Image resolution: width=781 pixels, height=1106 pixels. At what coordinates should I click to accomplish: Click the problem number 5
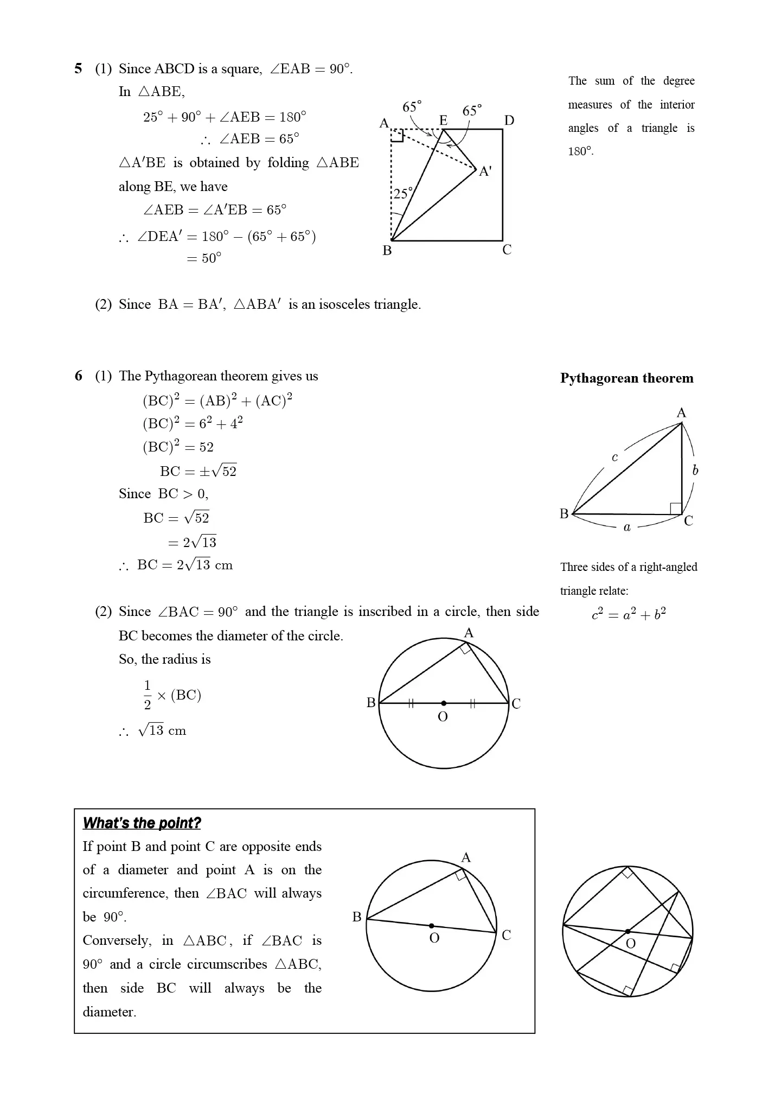[79, 69]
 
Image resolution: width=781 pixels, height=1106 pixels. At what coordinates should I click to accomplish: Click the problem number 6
[79, 376]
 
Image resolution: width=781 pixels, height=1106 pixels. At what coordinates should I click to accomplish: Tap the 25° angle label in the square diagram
[402, 194]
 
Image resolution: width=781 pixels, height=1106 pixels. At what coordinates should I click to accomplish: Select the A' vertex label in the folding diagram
[485, 171]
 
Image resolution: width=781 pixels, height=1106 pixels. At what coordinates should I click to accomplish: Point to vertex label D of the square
[509, 120]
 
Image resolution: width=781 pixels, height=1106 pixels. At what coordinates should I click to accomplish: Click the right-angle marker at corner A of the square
[397, 135]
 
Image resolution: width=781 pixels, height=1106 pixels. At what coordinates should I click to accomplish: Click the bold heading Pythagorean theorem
[626, 378]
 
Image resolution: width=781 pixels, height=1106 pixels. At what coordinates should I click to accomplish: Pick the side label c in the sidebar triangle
[614, 457]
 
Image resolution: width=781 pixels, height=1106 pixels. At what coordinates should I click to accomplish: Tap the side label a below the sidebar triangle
[627, 527]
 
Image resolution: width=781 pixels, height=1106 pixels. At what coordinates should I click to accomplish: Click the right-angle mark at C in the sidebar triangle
[676, 508]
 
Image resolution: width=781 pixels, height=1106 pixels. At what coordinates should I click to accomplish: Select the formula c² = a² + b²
[629, 614]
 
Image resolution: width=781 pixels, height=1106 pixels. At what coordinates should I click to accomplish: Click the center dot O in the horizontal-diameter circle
[444, 703]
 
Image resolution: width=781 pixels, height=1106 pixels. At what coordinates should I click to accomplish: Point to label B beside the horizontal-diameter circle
[371, 703]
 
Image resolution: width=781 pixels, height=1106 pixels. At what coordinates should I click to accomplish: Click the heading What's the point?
[142, 823]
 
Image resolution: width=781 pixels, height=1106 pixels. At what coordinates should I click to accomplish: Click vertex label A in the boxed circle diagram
[465, 858]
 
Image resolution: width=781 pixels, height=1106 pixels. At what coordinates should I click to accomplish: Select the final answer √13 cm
[162, 730]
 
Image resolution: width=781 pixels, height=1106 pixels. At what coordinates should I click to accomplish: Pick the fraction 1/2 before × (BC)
[147, 695]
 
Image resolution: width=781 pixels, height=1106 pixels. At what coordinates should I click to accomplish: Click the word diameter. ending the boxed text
[109, 1012]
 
